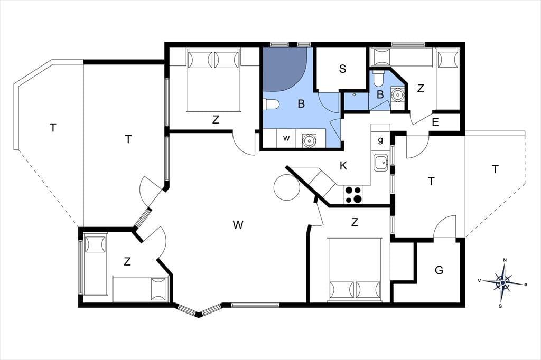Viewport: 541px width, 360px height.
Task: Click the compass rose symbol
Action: pos(503,282)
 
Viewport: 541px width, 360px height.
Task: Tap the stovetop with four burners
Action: pos(353,194)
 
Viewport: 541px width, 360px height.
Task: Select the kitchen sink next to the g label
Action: pos(381,163)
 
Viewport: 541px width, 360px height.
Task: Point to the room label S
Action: pos(342,69)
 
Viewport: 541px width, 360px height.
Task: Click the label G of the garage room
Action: pos(439,270)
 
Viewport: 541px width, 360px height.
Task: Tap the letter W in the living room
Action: pos(238,225)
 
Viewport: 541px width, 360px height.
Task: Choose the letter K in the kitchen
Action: pos(343,166)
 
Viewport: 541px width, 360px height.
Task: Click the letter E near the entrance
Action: pos(435,122)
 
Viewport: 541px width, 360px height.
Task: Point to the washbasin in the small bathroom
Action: pos(397,94)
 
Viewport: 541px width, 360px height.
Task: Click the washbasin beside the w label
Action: pos(308,140)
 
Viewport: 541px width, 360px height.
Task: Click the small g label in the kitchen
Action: pos(380,140)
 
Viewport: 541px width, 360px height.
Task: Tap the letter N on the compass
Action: pos(505,260)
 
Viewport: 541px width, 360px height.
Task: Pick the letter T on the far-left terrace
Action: pos(53,128)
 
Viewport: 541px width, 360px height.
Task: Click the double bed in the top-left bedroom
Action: pos(213,81)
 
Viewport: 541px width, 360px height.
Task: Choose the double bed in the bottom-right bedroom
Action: pos(355,269)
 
